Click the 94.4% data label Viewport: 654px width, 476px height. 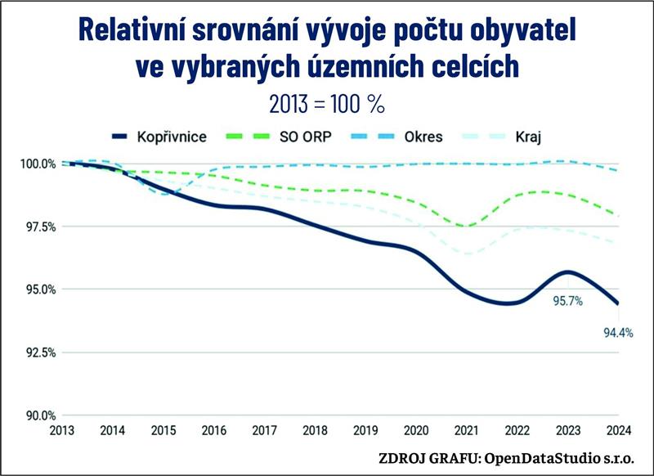click(x=618, y=333)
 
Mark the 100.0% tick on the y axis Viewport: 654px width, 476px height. click(x=39, y=164)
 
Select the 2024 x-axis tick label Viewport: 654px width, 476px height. click(x=618, y=430)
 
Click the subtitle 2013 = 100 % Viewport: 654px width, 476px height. click(x=327, y=104)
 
